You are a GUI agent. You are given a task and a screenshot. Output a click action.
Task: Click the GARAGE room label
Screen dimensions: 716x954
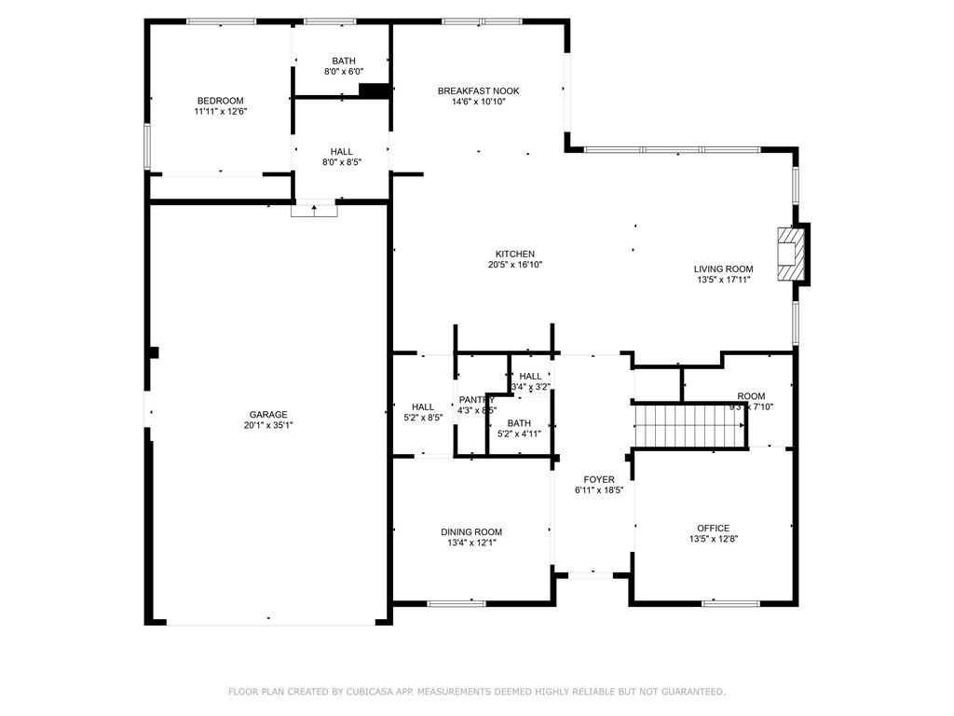(267, 415)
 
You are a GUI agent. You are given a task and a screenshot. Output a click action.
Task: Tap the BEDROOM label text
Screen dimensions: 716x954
(220, 101)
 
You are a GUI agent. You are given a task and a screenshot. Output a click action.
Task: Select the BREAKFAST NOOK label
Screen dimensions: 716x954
(478, 90)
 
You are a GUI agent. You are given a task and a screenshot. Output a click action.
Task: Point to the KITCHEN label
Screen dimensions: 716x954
(514, 254)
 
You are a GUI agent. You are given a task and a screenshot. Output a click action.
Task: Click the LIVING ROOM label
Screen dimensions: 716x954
(723, 269)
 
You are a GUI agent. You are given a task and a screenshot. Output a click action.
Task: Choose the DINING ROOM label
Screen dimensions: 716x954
(470, 532)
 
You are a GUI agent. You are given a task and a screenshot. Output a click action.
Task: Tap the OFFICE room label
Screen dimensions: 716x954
(714, 528)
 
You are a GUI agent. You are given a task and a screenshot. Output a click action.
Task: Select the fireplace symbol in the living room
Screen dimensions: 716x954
(791, 253)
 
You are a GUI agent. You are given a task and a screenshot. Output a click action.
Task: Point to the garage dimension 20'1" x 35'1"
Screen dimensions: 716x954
(267, 426)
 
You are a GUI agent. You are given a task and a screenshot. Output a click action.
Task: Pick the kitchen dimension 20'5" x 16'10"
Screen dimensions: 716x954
(514, 265)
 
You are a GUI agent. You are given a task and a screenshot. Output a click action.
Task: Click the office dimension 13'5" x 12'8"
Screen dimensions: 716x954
(714, 539)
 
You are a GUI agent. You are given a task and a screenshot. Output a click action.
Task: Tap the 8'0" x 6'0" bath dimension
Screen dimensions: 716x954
(343, 72)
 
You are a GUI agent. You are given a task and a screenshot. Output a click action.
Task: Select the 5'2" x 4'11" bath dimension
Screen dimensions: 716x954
(519, 434)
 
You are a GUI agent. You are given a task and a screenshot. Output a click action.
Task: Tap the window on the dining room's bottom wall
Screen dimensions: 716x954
(457, 603)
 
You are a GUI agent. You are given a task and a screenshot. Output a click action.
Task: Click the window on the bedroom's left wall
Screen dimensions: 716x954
(146, 146)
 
